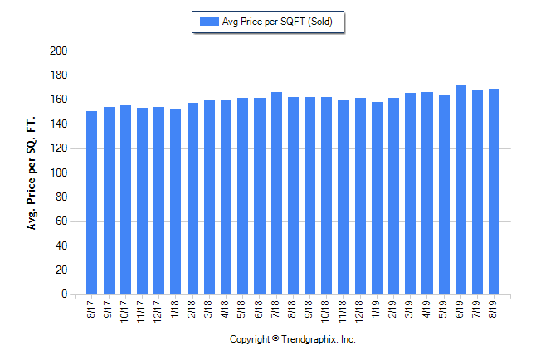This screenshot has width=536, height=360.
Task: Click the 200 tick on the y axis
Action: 58,51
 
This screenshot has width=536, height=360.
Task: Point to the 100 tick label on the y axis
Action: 58,173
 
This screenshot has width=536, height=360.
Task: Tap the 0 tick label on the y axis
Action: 63,294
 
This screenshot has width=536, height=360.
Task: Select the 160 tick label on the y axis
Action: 58,100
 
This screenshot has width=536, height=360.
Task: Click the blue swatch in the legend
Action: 207,22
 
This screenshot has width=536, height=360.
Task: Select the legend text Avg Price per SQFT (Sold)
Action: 276,22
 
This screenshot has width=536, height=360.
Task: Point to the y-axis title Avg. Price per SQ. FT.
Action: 32,173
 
